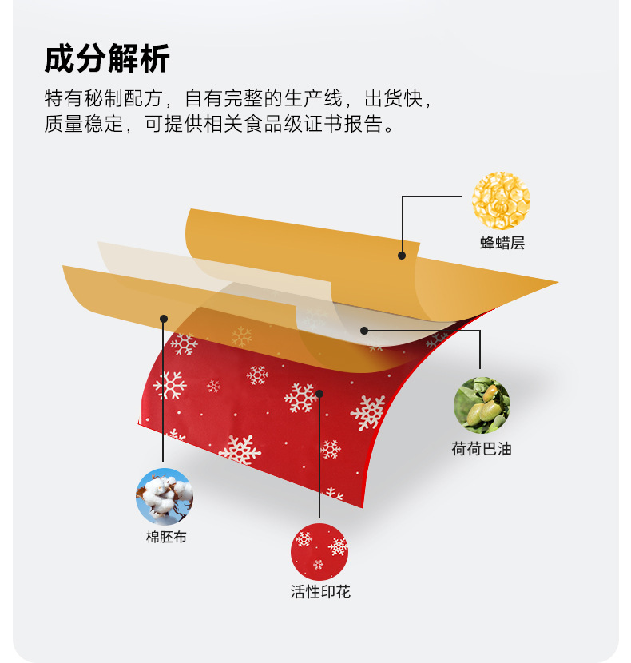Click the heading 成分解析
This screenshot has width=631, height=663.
tap(107, 60)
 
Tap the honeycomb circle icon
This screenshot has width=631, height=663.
tap(501, 200)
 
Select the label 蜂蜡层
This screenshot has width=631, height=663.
tap(502, 243)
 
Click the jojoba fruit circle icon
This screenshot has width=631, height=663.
tap(482, 406)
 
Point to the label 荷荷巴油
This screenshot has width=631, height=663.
tap(481, 449)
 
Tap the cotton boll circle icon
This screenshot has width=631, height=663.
tap(165, 496)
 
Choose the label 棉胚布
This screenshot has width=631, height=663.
tap(165, 538)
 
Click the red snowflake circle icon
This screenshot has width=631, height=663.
tap(319, 552)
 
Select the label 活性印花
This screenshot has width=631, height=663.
tap(319, 593)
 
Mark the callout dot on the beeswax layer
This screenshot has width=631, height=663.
tap(402, 256)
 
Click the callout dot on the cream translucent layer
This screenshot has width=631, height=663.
tap(363, 329)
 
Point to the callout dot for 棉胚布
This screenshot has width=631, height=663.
tap(164, 318)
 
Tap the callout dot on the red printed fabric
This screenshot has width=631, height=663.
tap(319, 393)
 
